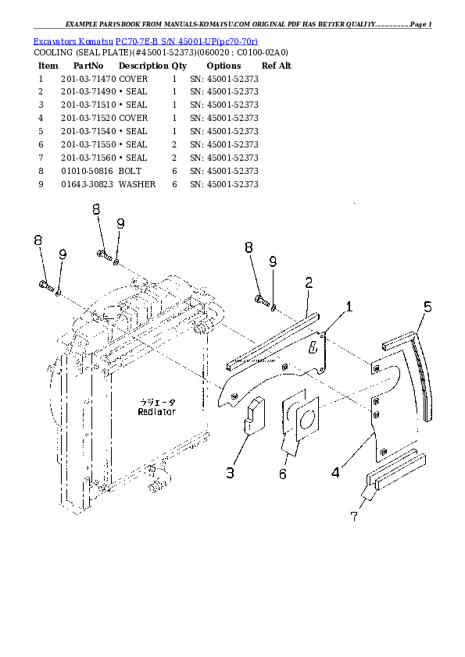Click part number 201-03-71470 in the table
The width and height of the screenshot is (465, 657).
click(88, 79)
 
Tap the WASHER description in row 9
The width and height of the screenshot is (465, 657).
click(137, 184)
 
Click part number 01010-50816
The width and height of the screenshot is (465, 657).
click(86, 171)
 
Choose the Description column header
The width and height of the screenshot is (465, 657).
click(143, 66)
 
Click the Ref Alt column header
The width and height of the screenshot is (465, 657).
click(276, 66)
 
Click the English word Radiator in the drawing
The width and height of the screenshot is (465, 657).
click(157, 411)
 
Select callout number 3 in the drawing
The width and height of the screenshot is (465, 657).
click(231, 472)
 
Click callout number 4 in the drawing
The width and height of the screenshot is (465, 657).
click(335, 471)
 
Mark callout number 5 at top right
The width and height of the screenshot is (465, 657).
click(427, 307)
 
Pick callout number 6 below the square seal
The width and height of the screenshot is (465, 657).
click(282, 474)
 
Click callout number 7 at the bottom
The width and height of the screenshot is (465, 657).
click(355, 515)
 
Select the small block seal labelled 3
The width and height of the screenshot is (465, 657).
click(255, 414)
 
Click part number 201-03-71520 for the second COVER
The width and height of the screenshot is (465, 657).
click(88, 118)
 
